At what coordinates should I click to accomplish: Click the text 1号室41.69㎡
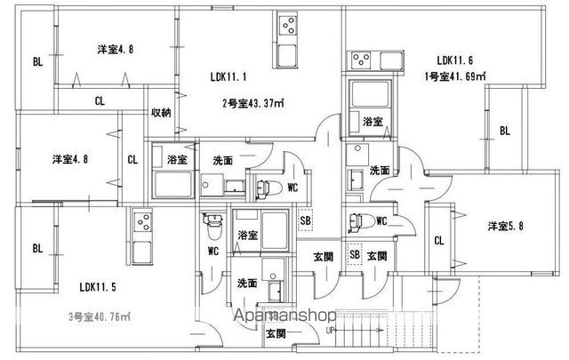pyautogui.click(x=454, y=76)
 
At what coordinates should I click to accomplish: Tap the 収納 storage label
pyautogui.click(x=161, y=112)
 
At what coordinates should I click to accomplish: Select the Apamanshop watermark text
pyautogui.click(x=284, y=316)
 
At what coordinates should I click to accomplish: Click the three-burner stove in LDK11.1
pyautogui.click(x=289, y=24)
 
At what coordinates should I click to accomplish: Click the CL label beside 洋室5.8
pyautogui.click(x=439, y=240)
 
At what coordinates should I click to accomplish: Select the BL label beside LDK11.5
pyautogui.click(x=36, y=249)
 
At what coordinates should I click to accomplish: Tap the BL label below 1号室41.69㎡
pyautogui.click(x=504, y=131)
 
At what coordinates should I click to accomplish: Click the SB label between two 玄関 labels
pyautogui.click(x=355, y=255)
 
